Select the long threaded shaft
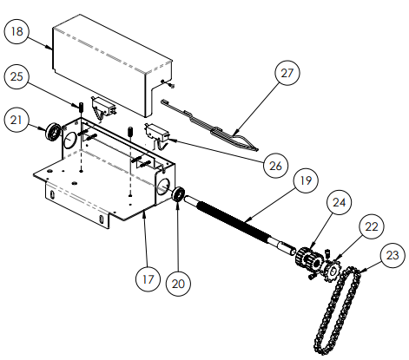pos(234,226)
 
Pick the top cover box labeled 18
pos(109,65)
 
